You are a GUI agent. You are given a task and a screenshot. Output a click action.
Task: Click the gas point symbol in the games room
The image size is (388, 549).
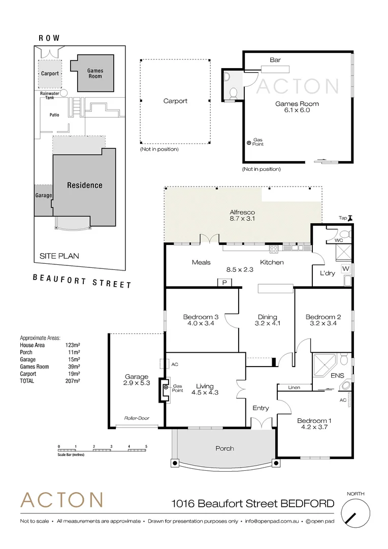click(x=249, y=143)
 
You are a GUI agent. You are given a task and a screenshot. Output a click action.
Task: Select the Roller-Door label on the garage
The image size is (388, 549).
click(x=136, y=418)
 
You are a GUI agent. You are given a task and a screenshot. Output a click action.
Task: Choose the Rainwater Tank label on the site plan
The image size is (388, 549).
click(x=50, y=96)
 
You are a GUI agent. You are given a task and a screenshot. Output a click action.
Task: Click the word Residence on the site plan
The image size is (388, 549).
click(x=85, y=186)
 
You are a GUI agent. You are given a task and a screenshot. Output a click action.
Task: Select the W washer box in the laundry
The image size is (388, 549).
click(x=345, y=268)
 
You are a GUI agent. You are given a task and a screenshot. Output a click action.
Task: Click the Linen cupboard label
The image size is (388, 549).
click(x=294, y=387)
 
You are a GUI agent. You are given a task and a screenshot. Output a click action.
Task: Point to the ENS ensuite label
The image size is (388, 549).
click(x=337, y=376)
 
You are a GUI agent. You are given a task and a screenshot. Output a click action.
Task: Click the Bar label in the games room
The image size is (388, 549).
click(x=275, y=60)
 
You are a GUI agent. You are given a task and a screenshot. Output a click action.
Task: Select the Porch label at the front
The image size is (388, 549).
click(x=224, y=448)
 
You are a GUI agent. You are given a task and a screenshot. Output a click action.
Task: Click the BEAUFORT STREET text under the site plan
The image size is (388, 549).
click(x=82, y=281)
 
